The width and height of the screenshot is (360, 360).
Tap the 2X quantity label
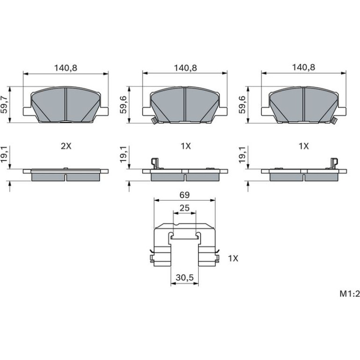coord(66,146)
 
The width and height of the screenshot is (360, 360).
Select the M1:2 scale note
coord(349,294)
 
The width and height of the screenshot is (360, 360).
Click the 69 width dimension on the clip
coord(185,195)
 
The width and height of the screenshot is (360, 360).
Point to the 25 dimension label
coord(185,208)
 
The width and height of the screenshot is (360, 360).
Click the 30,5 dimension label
coord(185,278)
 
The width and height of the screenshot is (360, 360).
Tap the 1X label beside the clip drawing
coord(233,259)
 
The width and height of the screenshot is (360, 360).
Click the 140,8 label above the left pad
coord(65,68)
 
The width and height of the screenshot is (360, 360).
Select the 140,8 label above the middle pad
coord(185,68)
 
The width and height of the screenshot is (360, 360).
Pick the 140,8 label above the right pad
coord(303,67)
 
